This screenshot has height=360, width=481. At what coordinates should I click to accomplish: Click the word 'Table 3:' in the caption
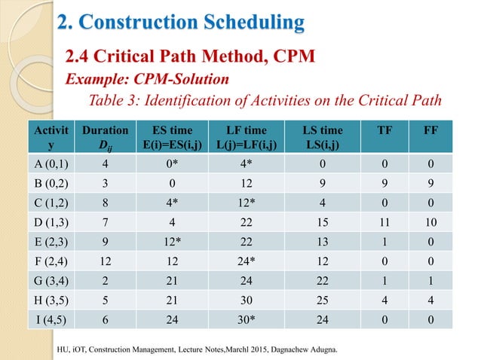115,101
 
